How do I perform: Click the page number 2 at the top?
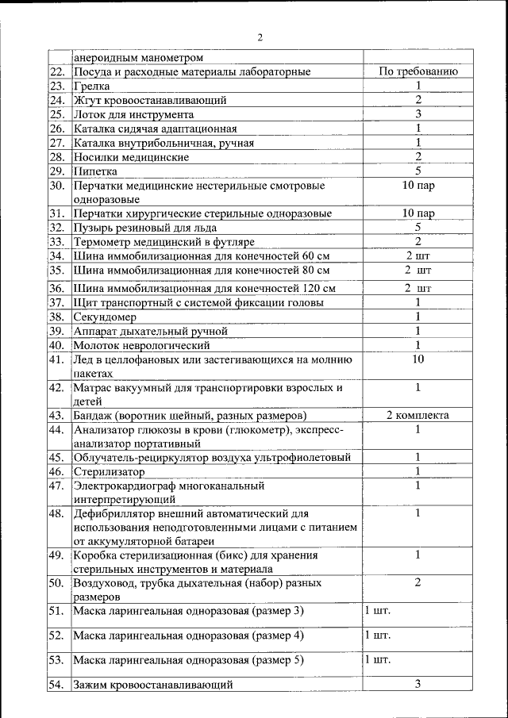pos(260,37)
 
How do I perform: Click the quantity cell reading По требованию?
pos(418,71)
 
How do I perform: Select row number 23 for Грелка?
pos(56,86)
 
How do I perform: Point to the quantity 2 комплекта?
pos(418,415)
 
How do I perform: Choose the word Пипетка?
pos(95,171)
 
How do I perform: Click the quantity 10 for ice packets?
pos(418,359)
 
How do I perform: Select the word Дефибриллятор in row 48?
pos(118,514)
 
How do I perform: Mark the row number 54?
pos(56,684)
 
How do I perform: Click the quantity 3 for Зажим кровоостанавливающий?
pos(418,683)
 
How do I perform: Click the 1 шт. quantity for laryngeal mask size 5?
pos(377,659)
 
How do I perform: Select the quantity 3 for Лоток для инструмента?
pos(418,113)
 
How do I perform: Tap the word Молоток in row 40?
pos(96,345)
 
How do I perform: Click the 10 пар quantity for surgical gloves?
pos(418,213)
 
